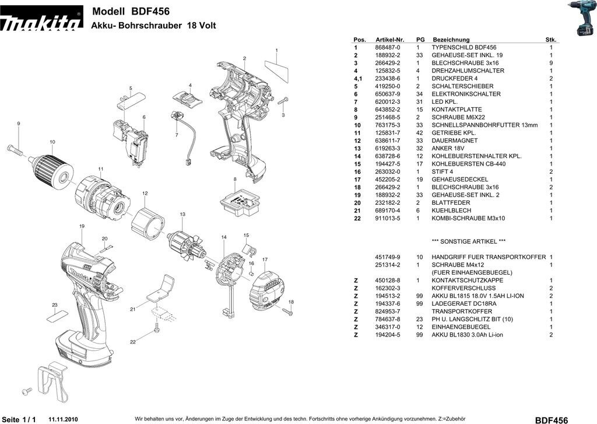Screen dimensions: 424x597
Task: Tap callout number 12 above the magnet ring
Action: [x=144, y=193]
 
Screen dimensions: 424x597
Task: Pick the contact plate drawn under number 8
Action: [x=239, y=201]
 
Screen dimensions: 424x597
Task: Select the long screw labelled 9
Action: [x=17, y=150]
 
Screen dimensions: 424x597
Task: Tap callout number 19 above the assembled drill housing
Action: [x=82, y=226]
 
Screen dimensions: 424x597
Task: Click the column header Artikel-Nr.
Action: [x=390, y=40]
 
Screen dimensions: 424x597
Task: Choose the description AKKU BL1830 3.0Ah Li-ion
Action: [x=467, y=335]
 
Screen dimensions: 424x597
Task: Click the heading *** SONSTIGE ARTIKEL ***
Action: [x=468, y=241]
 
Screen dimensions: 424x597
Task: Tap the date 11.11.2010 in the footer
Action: [x=63, y=419]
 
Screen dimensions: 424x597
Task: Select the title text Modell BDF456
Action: [x=131, y=11]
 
